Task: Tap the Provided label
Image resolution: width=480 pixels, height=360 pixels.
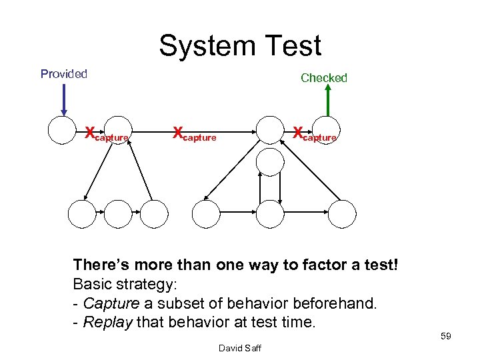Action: [x=64, y=74]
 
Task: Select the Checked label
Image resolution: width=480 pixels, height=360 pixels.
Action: [x=324, y=78]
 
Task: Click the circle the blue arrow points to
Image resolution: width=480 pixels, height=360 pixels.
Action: [x=63, y=130]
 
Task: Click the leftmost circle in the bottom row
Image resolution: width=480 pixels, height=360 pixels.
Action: [x=82, y=214]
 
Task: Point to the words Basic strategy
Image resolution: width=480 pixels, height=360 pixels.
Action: [x=125, y=285]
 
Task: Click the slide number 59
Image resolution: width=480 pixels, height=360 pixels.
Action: [x=445, y=336]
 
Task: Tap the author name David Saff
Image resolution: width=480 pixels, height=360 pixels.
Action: [x=239, y=349]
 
